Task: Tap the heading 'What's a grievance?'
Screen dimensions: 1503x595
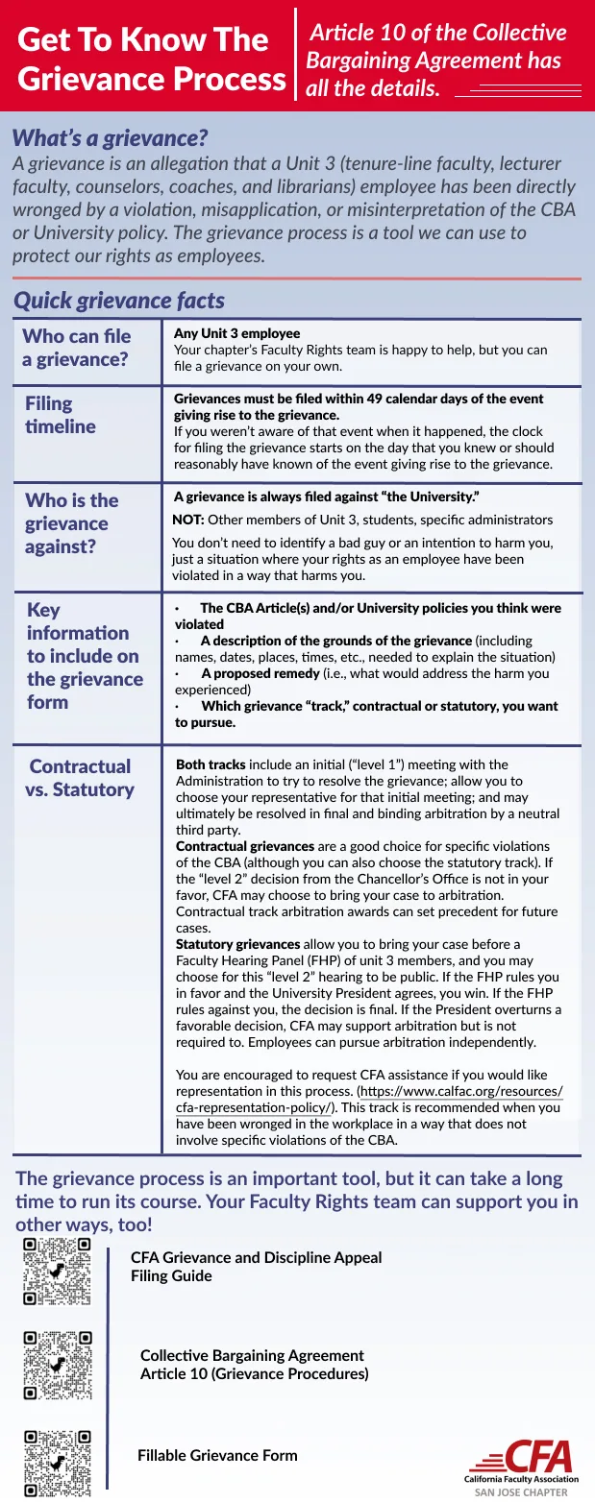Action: (110, 138)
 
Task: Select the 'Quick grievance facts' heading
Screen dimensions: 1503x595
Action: (119, 301)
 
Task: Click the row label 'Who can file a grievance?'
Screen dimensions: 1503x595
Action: (77, 348)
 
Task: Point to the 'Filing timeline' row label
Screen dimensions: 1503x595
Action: (61, 415)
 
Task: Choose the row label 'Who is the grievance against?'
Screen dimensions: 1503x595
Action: (71, 523)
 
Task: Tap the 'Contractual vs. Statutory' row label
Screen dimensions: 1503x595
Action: (80, 778)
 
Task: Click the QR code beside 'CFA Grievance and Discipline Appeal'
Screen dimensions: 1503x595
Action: (58, 1271)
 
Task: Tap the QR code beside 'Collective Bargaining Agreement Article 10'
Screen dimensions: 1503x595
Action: (58, 1364)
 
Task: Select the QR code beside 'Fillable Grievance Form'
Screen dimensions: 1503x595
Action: (58, 1463)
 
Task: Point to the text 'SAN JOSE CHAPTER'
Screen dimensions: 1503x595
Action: (521, 1492)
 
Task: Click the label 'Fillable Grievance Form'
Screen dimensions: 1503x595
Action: (217, 1455)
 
